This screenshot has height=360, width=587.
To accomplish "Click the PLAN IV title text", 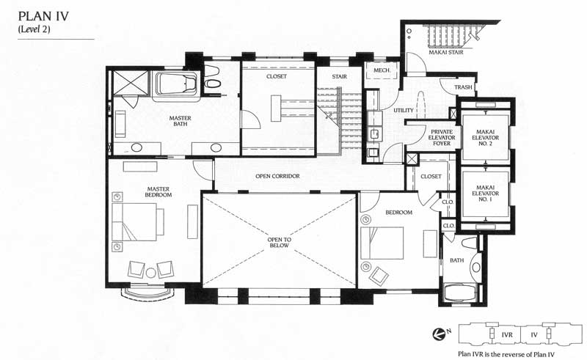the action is (x=43, y=16).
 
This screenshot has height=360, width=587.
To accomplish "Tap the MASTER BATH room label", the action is (x=180, y=121).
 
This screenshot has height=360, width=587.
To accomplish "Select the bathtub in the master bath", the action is (x=176, y=85).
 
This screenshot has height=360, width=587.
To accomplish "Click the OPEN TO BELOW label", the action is (x=280, y=243).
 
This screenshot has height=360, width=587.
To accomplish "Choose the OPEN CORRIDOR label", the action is (x=277, y=176).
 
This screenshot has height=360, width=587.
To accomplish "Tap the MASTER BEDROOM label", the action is (x=158, y=192).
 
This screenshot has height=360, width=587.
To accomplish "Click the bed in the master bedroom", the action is (x=138, y=222).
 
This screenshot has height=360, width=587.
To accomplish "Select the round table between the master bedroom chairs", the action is (x=151, y=273).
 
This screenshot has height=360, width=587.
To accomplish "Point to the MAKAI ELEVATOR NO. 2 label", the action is (x=485, y=138).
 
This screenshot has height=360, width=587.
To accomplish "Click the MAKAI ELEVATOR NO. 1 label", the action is (x=485, y=194).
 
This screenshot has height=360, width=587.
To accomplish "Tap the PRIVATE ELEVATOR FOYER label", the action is (x=442, y=138).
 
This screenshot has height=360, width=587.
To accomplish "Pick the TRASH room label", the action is (x=463, y=87).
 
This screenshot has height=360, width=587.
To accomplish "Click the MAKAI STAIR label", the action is (x=446, y=52).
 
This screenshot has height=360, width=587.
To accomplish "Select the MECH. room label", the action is (x=382, y=70).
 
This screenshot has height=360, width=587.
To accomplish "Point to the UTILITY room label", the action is (x=404, y=111).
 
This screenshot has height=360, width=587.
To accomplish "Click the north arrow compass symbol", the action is (x=438, y=334).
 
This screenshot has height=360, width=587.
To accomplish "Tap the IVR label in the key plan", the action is (x=507, y=334).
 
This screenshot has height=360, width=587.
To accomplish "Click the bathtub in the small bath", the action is (x=460, y=293).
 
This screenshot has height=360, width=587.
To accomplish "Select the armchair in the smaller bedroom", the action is (x=379, y=276).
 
